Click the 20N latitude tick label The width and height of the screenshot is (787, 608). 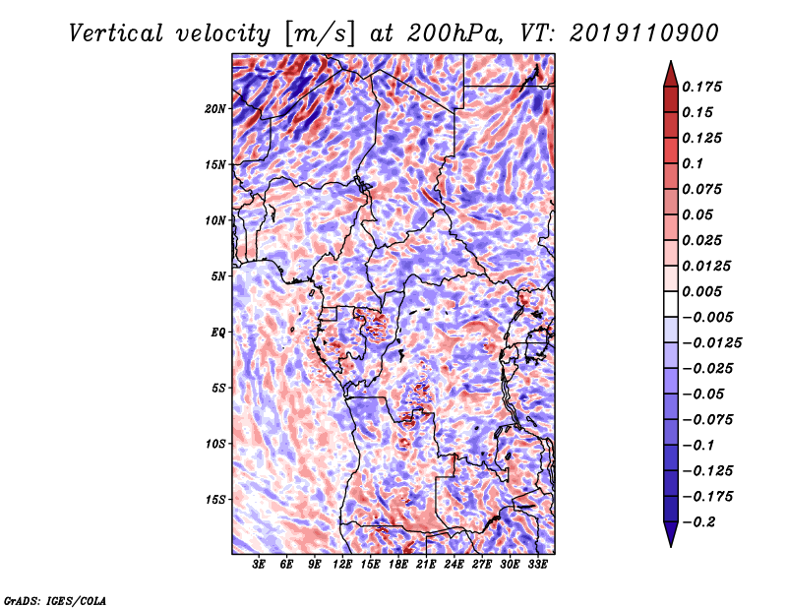pos(215,109)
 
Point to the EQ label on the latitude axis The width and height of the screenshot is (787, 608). pos(218,333)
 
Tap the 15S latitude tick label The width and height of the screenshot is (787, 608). pos(215,500)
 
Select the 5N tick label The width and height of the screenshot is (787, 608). pos(218,276)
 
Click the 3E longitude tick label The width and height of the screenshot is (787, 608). pos(259,565)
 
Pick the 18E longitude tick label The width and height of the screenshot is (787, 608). pos(398,565)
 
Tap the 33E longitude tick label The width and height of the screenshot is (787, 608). pos(537,565)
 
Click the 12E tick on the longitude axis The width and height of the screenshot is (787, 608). pos(342,565)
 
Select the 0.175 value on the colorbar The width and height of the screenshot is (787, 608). pos(701,87)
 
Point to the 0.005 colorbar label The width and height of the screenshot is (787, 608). pos(701,291)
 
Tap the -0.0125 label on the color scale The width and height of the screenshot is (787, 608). pos(711,343)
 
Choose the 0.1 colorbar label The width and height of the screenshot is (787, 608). pos(693,163)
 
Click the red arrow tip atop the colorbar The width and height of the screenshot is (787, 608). pos(671,62)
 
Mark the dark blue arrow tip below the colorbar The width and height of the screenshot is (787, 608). pos(671,546)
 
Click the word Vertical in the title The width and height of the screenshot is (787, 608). pos(116,33)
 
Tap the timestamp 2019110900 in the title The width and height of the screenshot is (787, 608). pos(644,33)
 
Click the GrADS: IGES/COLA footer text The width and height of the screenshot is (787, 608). pos(55,600)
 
